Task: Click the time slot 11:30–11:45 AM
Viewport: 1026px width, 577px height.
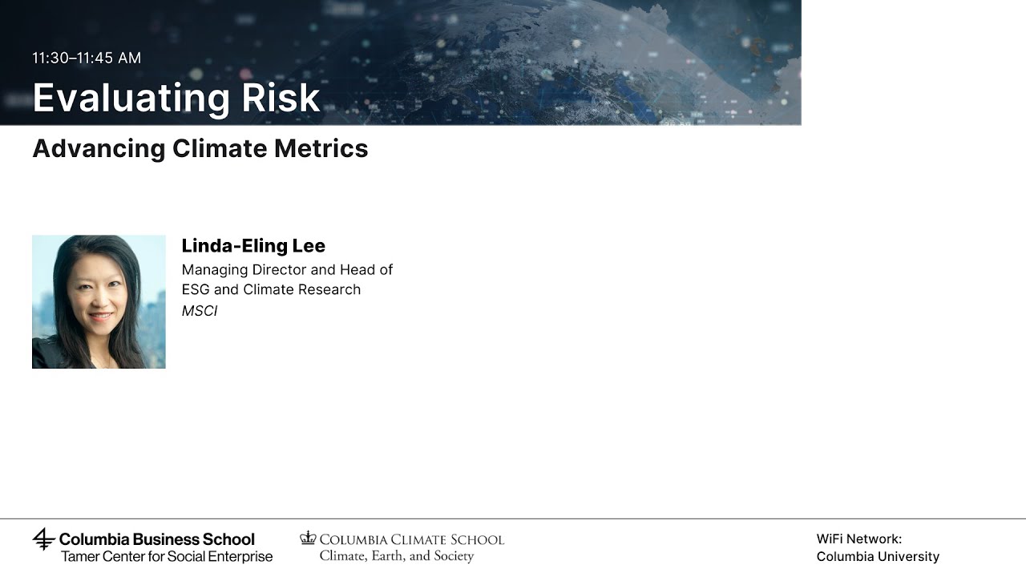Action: point(87,58)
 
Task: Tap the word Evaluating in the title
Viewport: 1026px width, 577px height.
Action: point(120,98)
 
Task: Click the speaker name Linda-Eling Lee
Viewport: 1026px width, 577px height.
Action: point(253,245)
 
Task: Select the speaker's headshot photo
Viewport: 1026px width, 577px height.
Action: point(99,301)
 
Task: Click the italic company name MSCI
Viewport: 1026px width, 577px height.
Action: point(200,310)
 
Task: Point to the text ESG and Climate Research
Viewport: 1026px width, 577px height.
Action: point(271,289)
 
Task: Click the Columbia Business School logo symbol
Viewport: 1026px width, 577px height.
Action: point(43,539)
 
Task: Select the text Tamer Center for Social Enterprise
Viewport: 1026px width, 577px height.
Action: point(167,556)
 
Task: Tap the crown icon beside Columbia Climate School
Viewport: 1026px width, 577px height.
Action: point(308,538)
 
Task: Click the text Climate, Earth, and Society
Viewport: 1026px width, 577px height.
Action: point(397,556)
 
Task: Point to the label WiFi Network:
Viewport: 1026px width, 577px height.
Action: point(858,539)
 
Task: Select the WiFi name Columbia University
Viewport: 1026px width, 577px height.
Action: point(878,556)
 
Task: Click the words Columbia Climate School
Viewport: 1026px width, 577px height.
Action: point(412,539)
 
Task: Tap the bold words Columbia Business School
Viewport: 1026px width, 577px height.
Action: point(157,539)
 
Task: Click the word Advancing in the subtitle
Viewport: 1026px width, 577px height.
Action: point(99,148)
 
